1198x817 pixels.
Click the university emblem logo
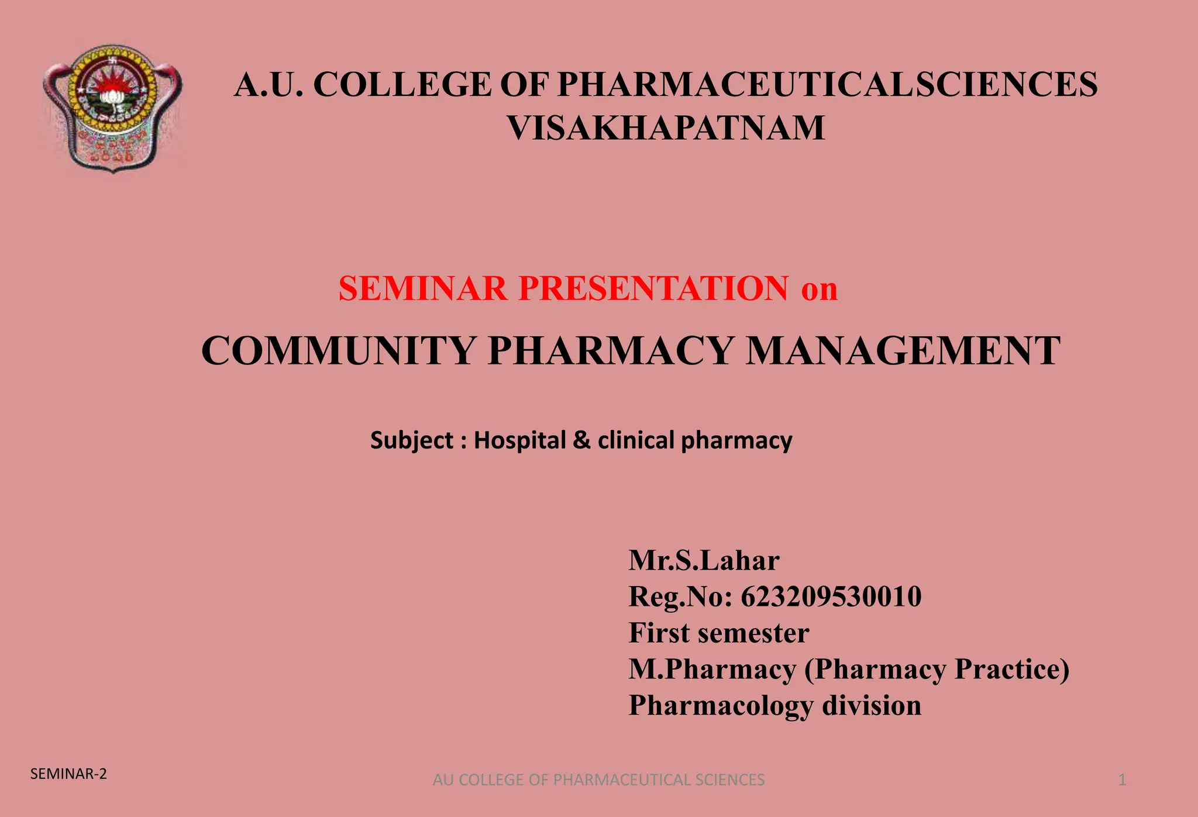(112, 109)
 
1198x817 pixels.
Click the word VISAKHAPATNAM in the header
(666, 128)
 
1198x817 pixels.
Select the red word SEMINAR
(423, 288)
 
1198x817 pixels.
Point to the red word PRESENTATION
(653, 288)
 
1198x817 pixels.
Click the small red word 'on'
(819, 289)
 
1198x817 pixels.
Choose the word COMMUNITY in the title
(338, 351)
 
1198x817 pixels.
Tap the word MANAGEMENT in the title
(903, 351)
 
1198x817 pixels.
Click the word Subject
(412, 440)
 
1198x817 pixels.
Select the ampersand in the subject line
(581, 440)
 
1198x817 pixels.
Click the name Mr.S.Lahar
(704, 560)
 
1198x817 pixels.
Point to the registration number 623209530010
(831, 597)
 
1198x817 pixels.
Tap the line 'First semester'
(719, 633)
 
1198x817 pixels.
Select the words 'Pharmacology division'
(775, 705)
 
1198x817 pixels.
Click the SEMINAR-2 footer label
(68, 774)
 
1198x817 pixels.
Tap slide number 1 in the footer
(1122, 780)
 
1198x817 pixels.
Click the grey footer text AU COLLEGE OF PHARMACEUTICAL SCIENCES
(598, 780)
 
